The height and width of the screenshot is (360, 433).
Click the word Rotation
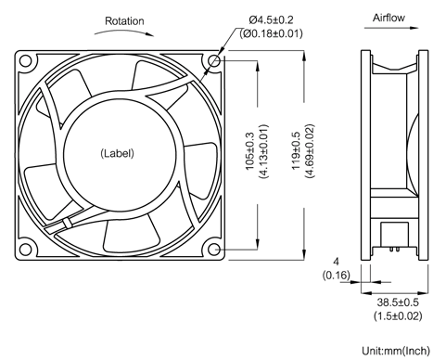(x=124, y=21)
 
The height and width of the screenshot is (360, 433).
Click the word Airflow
(x=388, y=18)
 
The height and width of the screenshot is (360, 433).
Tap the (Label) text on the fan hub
(x=117, y=153)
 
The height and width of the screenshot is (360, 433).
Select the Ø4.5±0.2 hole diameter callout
(x=271, y=20)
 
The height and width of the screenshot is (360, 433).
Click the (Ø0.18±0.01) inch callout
(x=271, y=33)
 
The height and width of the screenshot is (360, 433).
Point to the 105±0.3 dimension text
(x=249, y=151)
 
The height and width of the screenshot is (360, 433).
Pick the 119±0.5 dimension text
(x=296, y=150)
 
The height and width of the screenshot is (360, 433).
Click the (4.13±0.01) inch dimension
(x=263, y=151)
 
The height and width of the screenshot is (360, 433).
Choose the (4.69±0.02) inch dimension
(x=310, y=151)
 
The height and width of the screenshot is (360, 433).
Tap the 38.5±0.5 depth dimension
(x=398, y=302)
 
